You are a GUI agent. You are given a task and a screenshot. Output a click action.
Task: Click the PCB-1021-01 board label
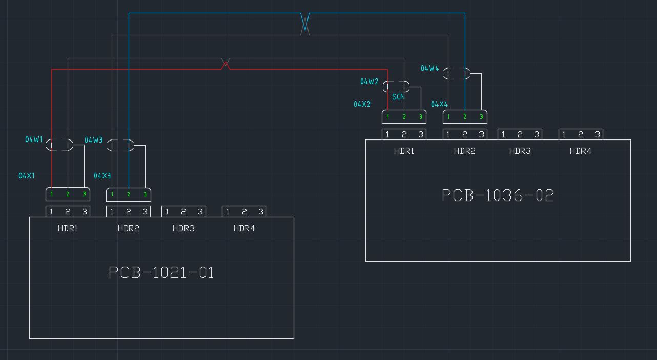point(161,272)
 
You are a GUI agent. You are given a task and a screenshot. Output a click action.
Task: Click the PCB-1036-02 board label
point(498,195)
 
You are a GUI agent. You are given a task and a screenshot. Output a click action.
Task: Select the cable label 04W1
point(34,139)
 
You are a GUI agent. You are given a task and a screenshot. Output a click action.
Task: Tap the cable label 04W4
point(429,68)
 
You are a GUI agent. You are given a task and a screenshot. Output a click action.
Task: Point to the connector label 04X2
point(362,104)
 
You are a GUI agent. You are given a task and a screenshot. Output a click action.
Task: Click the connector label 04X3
point(102,176)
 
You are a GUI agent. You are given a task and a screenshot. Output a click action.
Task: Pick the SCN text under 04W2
point(398,96)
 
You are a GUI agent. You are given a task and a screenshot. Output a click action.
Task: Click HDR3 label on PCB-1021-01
point(183,228)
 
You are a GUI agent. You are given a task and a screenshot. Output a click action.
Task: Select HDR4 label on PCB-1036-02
point(580,151)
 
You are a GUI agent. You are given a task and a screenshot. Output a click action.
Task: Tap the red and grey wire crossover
point(225,64)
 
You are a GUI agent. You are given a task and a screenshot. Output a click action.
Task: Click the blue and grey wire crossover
point(305,24)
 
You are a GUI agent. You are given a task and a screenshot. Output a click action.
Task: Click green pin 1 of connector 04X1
point(51,194)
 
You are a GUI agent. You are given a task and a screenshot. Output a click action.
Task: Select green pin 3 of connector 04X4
point(481,117)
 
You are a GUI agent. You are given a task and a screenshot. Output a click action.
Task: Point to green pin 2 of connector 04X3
point(128,194)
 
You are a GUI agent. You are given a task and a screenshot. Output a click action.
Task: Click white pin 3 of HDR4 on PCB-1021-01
point(260,211)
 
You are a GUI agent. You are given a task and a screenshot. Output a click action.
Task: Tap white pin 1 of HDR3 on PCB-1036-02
point(503,134)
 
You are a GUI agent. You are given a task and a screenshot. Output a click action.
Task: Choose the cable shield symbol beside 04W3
point(120,146)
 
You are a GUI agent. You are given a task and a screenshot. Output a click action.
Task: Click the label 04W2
point(369,82)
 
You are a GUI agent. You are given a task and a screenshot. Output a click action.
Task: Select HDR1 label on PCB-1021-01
point(68,228)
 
